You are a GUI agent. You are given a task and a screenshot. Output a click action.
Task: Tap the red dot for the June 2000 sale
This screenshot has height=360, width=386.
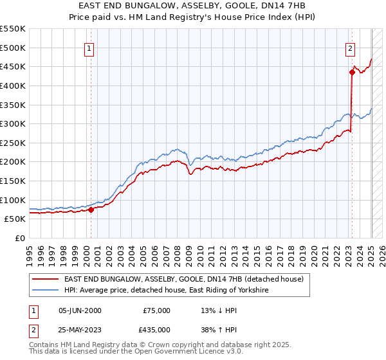click(91, 209)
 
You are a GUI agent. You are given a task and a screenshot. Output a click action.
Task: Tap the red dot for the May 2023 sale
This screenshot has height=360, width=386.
click(352, 72)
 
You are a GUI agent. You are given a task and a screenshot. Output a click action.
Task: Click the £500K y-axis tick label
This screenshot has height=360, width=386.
click(14, 48)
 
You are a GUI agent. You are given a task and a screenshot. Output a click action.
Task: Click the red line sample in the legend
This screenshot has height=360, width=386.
click(46, 279)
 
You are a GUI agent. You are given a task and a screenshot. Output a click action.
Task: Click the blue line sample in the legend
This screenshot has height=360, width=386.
click(46, 291)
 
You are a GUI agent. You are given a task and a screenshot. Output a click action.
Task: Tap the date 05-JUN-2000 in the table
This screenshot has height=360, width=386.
click(80, 310)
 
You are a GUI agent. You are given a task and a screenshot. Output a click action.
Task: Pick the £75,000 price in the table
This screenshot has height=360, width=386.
click(156, 310)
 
